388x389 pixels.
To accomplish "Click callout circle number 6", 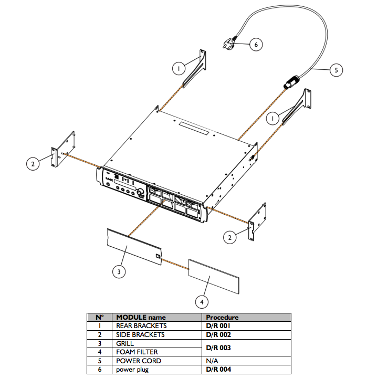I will click(x=256, y=45).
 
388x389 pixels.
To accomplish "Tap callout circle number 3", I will click(x=120, y=271).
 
